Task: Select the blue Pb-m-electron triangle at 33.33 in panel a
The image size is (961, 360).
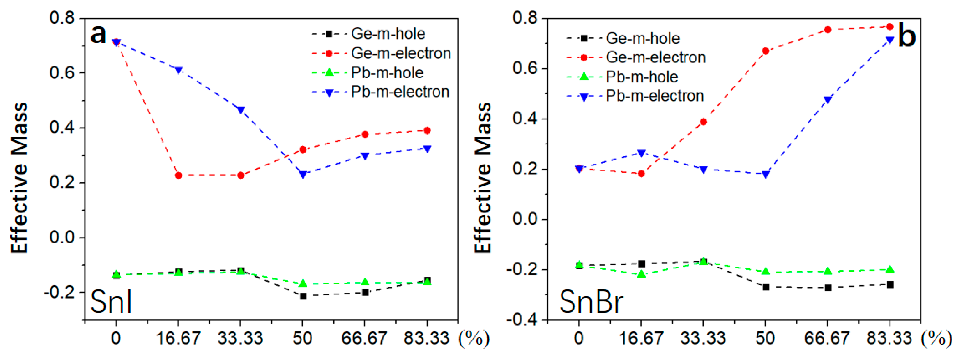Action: [241, 110]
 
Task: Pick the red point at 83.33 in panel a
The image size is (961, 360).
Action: [427, 131]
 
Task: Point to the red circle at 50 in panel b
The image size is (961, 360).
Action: [765, 51]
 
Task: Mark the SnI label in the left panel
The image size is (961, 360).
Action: [111, 302]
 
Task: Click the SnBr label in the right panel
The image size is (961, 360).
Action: [591, 302]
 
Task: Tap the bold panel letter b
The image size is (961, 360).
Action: [906, 36]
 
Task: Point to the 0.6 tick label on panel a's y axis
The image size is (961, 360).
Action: [62, 73]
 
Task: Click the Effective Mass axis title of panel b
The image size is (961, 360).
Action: [483, 178]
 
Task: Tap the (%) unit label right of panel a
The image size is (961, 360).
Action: [474, 338]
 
